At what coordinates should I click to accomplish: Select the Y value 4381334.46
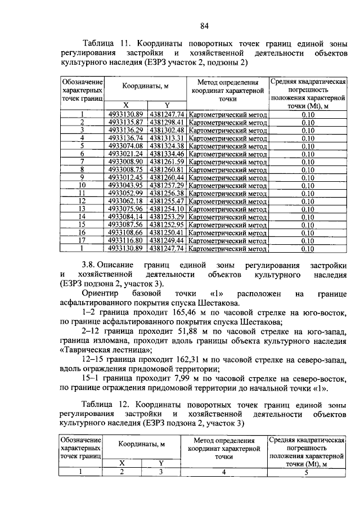(167, 153)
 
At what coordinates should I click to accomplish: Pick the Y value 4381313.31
(167, 137)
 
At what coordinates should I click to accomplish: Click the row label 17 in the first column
(82, 239)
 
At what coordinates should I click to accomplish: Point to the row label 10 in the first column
(82, 185)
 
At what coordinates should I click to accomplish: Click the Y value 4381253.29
(167, 216)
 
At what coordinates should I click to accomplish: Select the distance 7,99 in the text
(174, 378)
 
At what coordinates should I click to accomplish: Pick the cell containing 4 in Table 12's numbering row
(223, 472)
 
